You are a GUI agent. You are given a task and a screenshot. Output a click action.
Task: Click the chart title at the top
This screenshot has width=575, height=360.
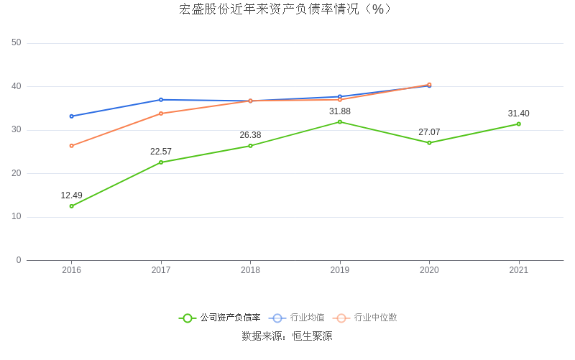(286, 9)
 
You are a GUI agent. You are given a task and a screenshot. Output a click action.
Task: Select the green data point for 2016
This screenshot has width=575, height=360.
(71, 206)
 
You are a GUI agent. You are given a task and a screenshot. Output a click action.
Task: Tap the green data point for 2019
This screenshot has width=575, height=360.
(340, 121)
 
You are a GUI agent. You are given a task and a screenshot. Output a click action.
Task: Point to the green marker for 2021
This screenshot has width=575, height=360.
(518, 124)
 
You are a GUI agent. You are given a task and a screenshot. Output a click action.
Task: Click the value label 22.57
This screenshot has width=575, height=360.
(161, 152)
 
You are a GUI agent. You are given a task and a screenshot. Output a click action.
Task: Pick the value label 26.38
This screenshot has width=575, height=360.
(250, 135)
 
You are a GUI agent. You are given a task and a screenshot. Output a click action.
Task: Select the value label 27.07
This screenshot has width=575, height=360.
(429, 132)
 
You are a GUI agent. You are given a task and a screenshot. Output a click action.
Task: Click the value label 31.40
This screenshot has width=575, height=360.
(518, 114)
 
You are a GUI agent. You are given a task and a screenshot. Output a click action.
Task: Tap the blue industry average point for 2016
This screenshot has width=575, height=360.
(71, 116)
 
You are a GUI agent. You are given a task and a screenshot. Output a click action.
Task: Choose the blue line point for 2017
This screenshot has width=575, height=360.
(161, 100)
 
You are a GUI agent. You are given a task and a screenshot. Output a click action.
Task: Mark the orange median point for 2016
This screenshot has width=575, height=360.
(71, 146)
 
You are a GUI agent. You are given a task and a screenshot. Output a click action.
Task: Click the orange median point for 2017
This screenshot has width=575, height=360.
(161, 114)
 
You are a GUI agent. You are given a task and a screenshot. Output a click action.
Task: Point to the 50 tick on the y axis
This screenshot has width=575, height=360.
(17, 43)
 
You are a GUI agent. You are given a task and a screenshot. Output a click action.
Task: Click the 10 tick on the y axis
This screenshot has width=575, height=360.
(17, 217)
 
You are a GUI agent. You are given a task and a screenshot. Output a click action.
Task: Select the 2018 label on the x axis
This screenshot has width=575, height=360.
(250, 271)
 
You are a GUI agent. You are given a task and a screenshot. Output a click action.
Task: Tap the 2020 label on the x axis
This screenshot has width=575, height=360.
(429, 271)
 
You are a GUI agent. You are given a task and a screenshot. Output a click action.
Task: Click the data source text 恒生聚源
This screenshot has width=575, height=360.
(312, 336)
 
